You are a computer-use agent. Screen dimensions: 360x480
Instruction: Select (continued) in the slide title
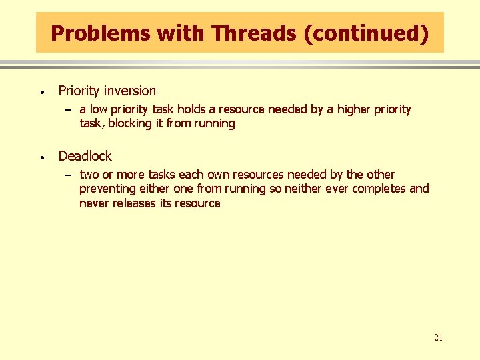tap(365, 33)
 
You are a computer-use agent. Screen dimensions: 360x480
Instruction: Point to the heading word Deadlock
tap(85, 156)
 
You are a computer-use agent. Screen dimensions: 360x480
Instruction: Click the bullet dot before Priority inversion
tap(41, 92)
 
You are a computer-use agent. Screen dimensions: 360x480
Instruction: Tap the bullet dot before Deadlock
tap(41, 157)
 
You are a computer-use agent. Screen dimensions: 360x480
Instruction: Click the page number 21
tap(438, 337)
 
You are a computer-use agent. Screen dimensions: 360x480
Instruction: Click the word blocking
tap(130, 123)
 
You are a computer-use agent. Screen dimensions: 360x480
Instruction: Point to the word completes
tap(378, 189)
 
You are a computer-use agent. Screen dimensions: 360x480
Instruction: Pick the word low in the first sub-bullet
tap(99, 109)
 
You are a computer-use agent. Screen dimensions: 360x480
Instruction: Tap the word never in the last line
tap(93, 203)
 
